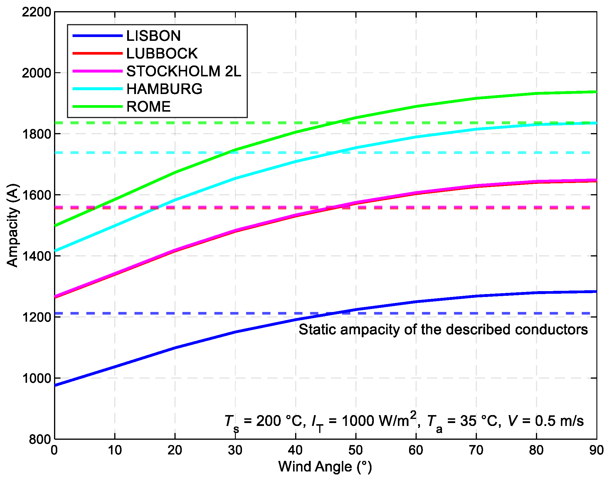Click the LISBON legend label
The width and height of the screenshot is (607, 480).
tap(153, 36)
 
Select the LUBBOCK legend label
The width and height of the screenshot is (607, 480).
tap(162, 53)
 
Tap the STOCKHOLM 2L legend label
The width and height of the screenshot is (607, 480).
tap(184, 71)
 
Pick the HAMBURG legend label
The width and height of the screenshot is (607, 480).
tap(164, 89)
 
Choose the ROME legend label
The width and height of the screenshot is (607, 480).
tap(148, 107)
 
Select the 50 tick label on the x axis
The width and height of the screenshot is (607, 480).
tap(356, 450)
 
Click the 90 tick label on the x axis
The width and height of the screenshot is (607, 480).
tap(596, 450)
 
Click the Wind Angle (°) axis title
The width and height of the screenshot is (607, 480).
tap(325, 467)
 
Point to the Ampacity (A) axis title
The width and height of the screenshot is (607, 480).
tap(13, 225)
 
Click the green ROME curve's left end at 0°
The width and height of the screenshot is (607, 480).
tap(56, 226)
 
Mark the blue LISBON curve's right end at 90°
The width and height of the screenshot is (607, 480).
tap(596, 292)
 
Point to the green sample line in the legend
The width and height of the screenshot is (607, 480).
tap(97, 107)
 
